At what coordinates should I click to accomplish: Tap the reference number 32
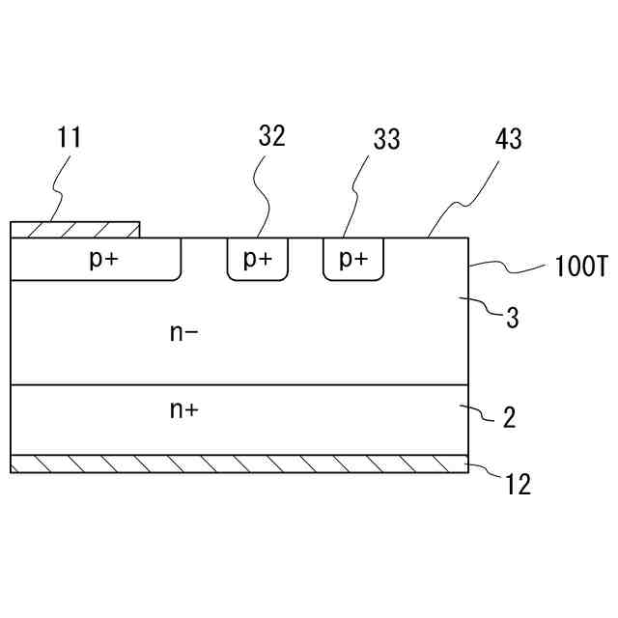271,136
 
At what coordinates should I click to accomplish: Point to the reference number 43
508,139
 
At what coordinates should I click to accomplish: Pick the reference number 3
514,318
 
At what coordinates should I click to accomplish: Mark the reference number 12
519,484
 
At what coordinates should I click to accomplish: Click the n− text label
183,333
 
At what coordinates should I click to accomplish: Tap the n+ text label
183,410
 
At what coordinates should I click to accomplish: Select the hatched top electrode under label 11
74,229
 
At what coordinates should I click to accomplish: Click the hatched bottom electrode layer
239,463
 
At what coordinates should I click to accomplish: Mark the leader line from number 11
58,188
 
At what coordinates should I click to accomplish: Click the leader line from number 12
488,473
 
